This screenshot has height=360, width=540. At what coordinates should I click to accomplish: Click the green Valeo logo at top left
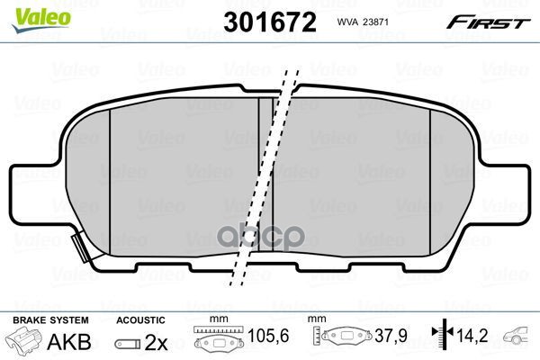click(x=31, y=10)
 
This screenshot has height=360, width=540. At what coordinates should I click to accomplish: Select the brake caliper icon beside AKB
click(x=25, y=343)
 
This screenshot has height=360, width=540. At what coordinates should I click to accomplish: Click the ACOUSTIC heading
click(x=140, y=320)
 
